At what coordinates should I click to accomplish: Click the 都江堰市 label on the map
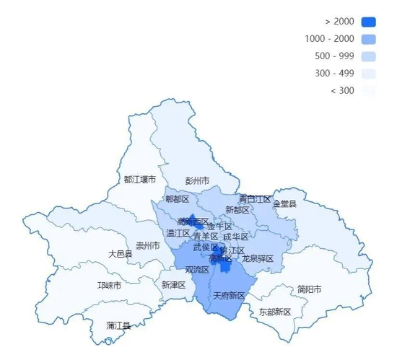click(139, 178)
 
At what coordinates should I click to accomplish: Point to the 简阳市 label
click(309, 289)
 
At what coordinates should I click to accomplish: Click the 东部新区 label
click(275, 312)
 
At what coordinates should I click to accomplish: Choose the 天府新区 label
click(229, 296)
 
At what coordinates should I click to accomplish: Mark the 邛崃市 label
click(109, 285)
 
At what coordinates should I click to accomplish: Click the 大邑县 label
click(121, 254)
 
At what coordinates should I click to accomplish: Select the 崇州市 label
click(148, 245)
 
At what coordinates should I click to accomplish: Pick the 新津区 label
click(174, 285)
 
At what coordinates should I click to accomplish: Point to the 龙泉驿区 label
click(258, 258)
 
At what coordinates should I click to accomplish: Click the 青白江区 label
click(255, 198)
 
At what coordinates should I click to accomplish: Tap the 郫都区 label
click(177, 198)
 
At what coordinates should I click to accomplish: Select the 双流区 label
click(197, 269)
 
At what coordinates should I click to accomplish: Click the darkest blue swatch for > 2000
click(369, 22)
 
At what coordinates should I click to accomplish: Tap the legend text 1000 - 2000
click(330, 39)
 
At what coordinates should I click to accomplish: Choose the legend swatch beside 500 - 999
click(369, 56)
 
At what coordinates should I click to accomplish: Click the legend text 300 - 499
click(334, 74)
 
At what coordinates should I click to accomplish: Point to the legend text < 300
click(342, 91)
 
